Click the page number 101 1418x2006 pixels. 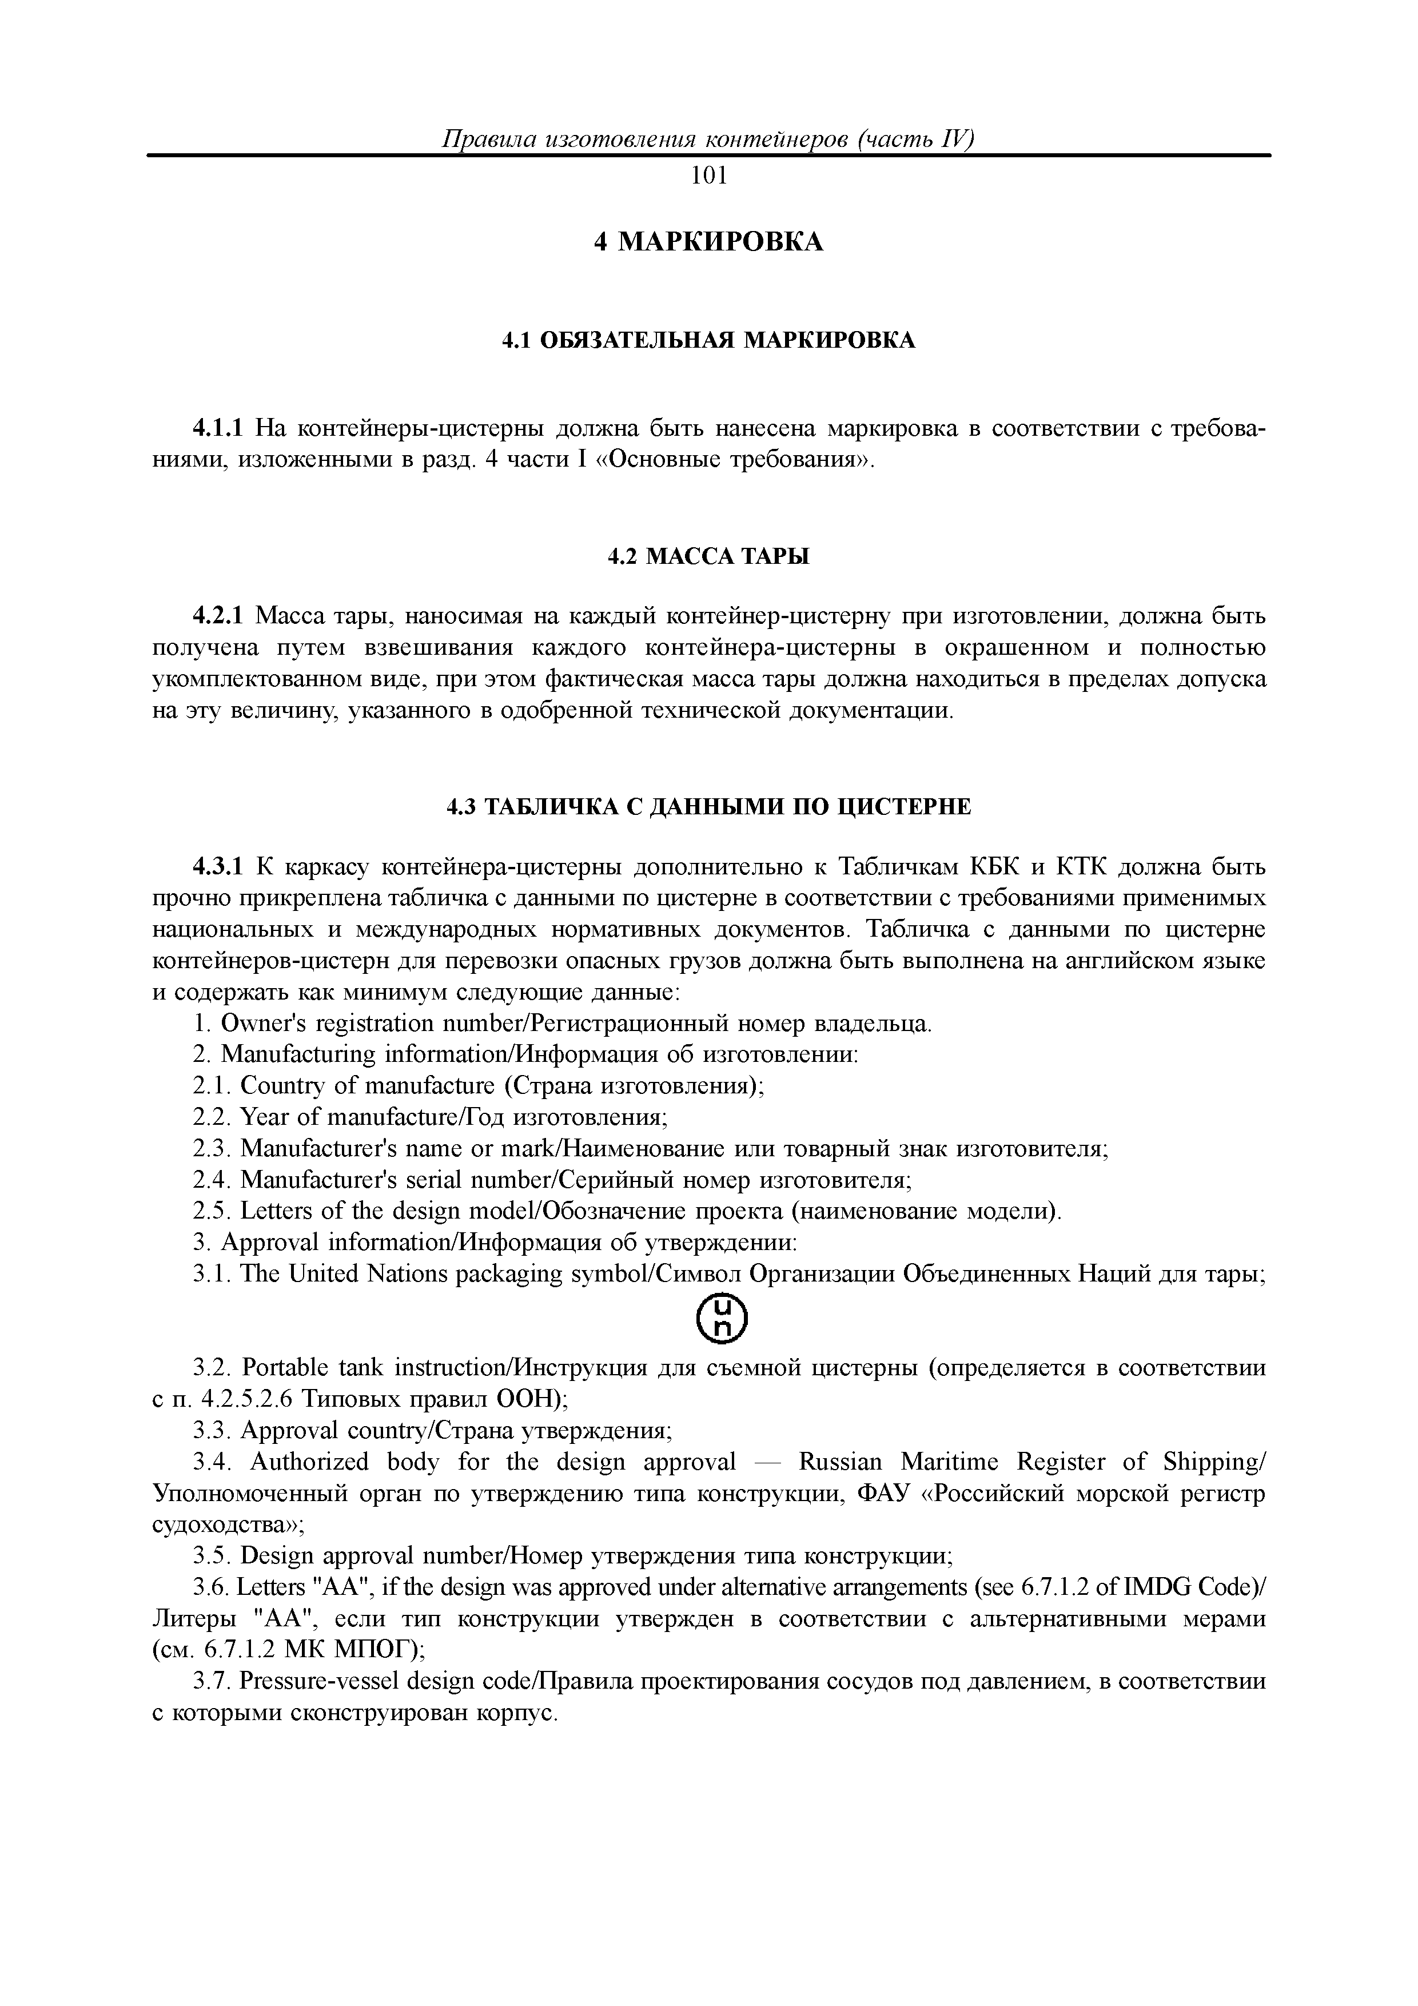(708, 177)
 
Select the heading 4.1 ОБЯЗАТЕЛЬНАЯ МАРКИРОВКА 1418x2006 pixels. (708, 341)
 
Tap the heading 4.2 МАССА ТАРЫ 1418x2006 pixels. (708, 556)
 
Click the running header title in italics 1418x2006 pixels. (708, 140)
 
